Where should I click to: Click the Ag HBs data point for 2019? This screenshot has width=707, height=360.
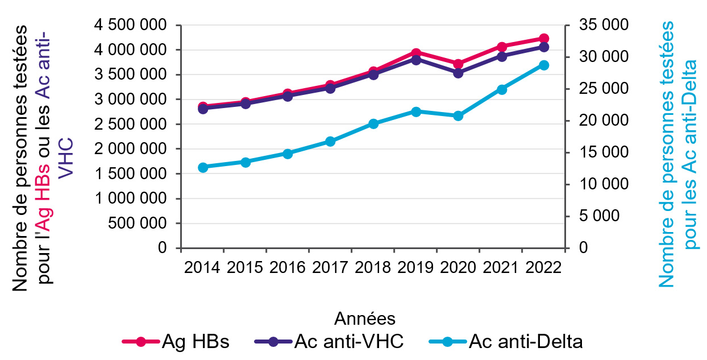point(415,53)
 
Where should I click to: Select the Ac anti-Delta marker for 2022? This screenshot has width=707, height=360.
point(543,65)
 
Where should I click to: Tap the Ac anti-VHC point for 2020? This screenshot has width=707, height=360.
point(458,73)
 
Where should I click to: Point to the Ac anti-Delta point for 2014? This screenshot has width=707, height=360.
point(203,167)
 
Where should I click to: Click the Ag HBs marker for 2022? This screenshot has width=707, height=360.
point(543,39)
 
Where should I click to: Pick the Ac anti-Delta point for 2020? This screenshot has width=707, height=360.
point(458,116)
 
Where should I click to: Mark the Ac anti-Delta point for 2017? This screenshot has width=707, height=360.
point(330,142)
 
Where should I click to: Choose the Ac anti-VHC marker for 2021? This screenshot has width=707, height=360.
point(501,56)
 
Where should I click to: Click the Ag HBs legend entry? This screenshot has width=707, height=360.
point(176,342)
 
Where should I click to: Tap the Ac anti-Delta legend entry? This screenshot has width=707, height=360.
point(505,342)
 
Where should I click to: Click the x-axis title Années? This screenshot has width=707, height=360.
point(365,317)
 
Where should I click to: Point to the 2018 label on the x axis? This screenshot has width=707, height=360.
point(373,267)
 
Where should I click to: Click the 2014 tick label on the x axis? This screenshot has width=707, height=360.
point(203,267)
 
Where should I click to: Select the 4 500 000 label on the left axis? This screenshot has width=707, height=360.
point(132,26)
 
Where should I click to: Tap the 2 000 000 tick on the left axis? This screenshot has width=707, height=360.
point(132,150)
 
